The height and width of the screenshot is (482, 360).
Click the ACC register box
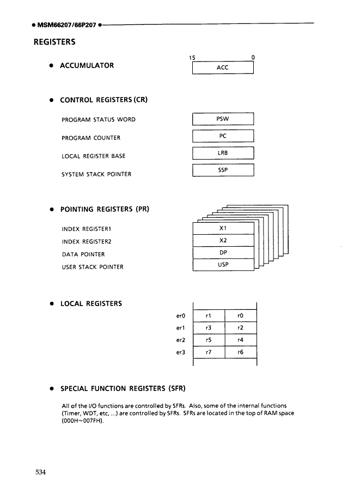(x=223, y=68)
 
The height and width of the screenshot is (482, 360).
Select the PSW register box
(x=223, y=119)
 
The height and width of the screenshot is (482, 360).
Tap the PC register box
(x=223, y=137)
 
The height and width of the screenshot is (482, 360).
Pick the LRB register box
(x=223, y=155)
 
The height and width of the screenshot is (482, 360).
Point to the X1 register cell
(x=223, y=228)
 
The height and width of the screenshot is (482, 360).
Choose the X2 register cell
(x=223, y=241)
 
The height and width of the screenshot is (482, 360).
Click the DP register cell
(x=223, y=253)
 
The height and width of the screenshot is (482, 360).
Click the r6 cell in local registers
(x=240, y=353)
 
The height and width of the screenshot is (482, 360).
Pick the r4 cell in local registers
(x=240, y=340)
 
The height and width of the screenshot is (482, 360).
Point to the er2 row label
(x=181, y=340)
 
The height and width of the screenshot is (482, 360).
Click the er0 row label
(x=181, y=315)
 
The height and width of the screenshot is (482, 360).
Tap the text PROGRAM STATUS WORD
(x=99, y=120)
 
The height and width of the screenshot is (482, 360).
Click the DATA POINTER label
(x=83, y=254)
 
